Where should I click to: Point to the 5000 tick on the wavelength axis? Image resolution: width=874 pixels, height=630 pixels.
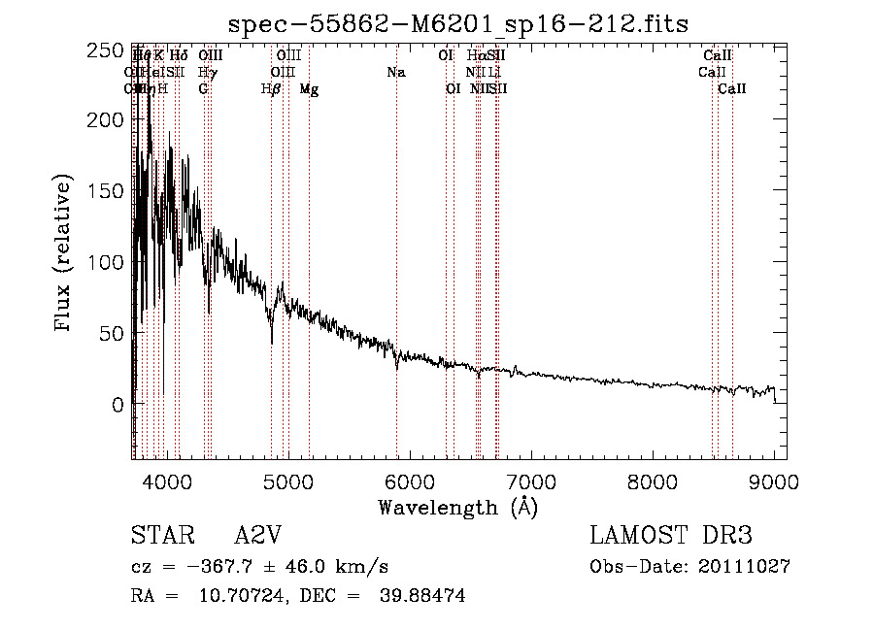coord(288,480)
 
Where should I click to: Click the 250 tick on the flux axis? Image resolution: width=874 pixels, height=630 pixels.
coord(110,50)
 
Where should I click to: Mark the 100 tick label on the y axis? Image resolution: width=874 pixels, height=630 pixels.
coord(110,262)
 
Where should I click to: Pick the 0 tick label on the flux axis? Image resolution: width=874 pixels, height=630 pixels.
coord(118,404)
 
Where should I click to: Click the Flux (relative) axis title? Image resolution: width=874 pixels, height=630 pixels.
coord(65,254)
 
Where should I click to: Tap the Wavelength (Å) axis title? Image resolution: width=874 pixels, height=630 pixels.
coord(457,507)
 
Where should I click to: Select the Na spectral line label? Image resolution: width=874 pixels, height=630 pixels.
coord(395,72)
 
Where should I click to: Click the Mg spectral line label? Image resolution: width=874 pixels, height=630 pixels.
coord(309,88)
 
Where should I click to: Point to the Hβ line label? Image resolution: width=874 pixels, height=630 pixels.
coord(271,88)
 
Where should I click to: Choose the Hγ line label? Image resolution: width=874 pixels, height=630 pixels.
coord(207,72)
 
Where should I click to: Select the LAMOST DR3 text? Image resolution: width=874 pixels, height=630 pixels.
coord(671,537)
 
